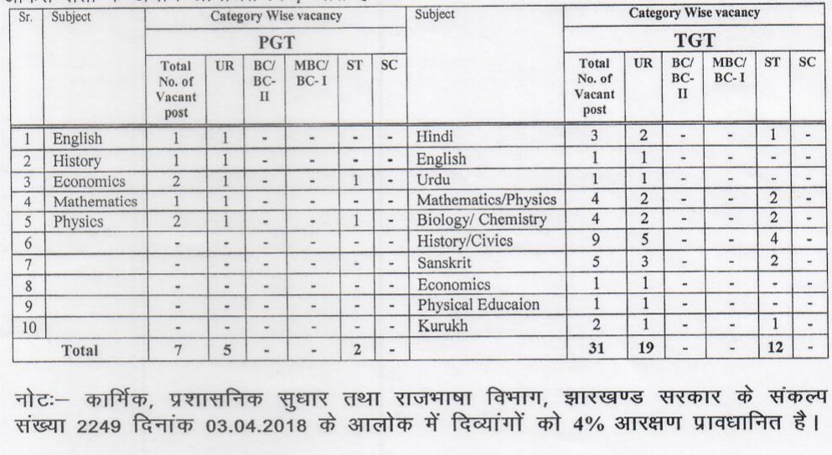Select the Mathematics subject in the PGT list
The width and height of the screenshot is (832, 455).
point(94,201)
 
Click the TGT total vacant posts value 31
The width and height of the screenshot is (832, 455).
point(597,345)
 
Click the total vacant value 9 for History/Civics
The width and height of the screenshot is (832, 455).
point(597,241)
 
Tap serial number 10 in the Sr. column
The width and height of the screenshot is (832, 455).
point(26,325)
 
